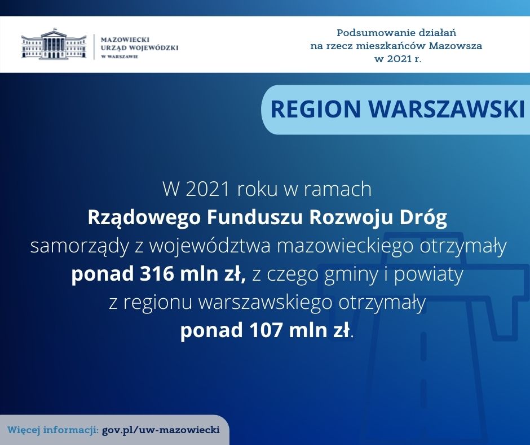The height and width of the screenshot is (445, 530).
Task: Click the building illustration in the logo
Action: pyautogui.click(x=54, y=43)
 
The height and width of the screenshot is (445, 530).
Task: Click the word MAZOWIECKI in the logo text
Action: pyautogui.click(x=125, y=40)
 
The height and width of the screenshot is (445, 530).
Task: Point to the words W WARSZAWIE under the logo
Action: pyautogui.click(x=120, y=56)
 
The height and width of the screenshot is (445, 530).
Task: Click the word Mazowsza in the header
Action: pyautogui.click(x=456, y=46)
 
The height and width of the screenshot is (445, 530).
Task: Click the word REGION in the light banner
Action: pyautogui.click(x=316, y=109)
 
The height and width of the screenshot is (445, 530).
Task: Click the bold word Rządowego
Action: pyautogui.click(x=144, y=218)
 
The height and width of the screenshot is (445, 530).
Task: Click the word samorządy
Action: pyautogui.click(x=79, y=247)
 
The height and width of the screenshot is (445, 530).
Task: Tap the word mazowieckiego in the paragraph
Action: pyautogui.click(x=345, y=247)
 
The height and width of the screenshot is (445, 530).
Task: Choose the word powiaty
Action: pyautogui.click(x=429, y=275)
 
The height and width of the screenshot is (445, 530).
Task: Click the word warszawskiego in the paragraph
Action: pyautogui.click(x=265, y=303)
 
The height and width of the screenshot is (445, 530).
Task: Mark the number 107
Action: pyautogui.click(x=266, y=330)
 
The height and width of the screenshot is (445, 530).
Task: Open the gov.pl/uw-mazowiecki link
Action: pyautogui.click(x=161, y=430)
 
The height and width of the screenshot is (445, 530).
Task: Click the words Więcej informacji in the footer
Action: pyautogui.click(x=53, y=430)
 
